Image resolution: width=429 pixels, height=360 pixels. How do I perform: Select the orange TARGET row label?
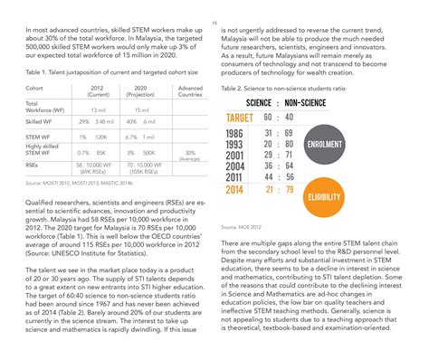[x=239, y=117]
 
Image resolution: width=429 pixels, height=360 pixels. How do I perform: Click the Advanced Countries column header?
[x=190, y=91]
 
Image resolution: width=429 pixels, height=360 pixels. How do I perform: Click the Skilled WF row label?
[x=39, y=120]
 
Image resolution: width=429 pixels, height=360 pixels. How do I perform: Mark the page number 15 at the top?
[x=214, y=23]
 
